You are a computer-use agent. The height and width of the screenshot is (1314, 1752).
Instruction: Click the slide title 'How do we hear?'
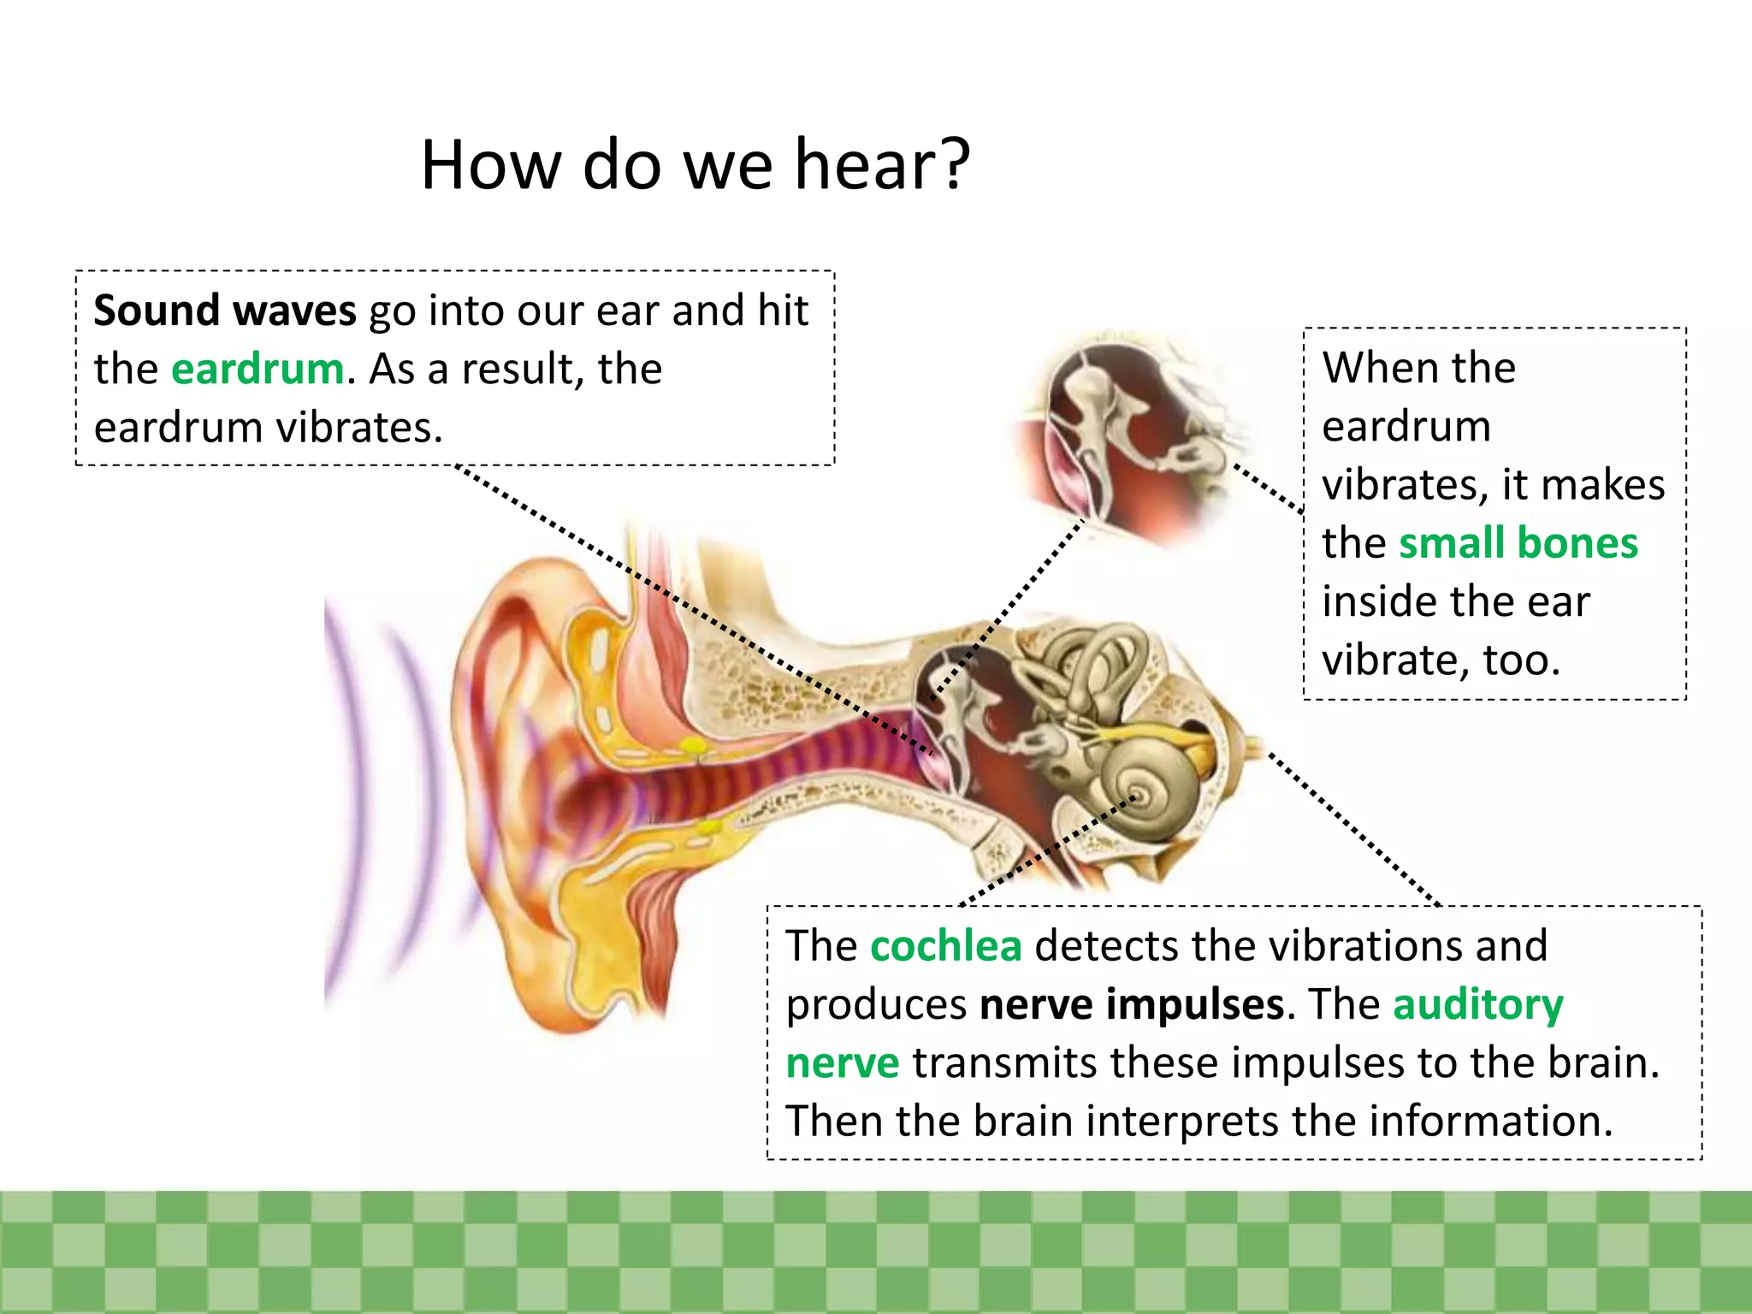(x=695, y=164)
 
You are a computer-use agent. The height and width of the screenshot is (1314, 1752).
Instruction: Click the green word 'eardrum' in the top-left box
(x=257, y=370)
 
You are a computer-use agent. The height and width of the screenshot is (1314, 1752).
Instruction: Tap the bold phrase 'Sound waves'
(x=224, y=310)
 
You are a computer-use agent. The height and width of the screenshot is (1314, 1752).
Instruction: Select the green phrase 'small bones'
(x=1518, y=543)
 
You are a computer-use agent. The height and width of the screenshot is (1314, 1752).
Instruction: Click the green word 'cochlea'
(x=945, y=946)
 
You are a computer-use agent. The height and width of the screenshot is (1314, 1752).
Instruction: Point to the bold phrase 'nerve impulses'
(x=1131, y=1004)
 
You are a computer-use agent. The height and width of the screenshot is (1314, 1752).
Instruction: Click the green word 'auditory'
(x=1477, y=1004)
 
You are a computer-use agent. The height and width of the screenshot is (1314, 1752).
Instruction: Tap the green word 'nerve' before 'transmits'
(x=842, y=1063)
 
